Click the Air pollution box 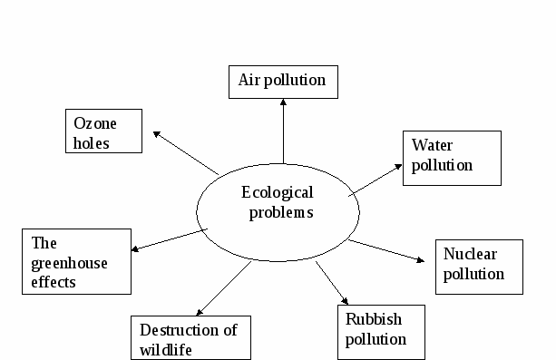(283, 82)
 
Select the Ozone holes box (104, 131)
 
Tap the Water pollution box (452, 158)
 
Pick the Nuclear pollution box (480, 268)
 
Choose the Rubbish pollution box (381, 332)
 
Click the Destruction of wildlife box (190, 337)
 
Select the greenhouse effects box (76, 261)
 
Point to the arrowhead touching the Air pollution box (283, 102)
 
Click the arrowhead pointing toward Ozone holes (156, 134)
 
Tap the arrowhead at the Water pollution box (398, 166)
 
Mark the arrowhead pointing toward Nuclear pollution (421, 260)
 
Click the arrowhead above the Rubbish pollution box (345, 301)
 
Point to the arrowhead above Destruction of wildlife (200, 312)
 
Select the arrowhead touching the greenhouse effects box (135, 249)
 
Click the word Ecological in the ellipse (278, 193)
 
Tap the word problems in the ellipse (281, 213)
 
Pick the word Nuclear (470, 254)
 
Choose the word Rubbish (374, 319)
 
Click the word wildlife (166, 350)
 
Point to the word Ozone (95, 123)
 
